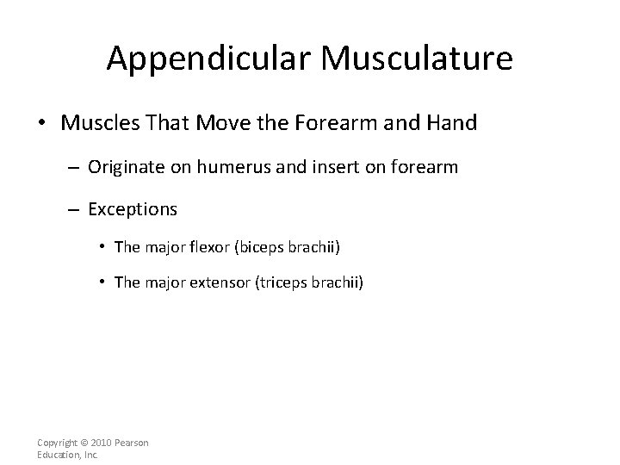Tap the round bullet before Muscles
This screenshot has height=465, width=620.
click(41, 124)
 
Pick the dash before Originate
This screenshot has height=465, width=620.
click(75, 168)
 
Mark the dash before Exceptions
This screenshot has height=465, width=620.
click(75, 209)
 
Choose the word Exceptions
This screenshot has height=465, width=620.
click(133, 209)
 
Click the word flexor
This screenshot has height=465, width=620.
click(206, 247)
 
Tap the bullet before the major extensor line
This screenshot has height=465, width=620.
click(103, 282)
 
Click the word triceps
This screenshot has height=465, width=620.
click(284, 282)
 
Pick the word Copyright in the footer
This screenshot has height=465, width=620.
click(59, 443)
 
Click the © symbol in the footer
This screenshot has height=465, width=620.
click(89, 443)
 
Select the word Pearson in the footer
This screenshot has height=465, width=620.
click(133, 443)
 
